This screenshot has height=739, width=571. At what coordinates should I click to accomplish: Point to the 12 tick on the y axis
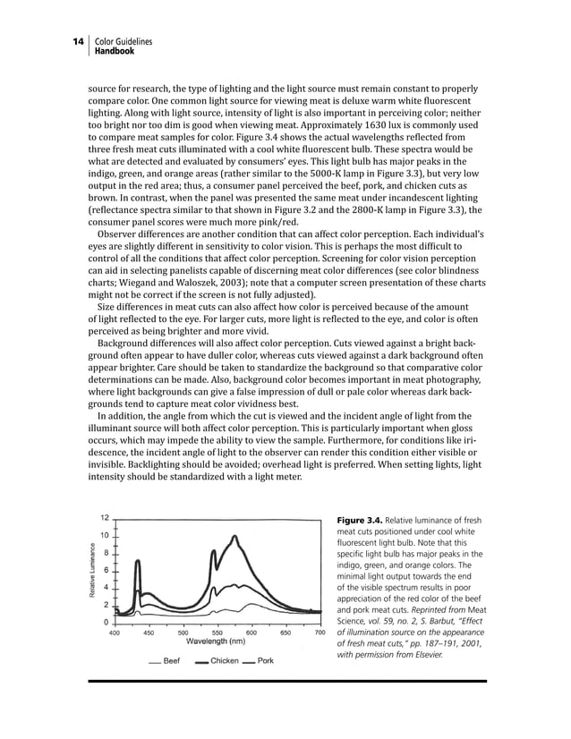105,517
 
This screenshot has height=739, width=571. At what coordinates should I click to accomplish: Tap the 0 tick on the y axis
107,621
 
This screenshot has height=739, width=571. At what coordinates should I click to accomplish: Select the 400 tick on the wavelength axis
115,633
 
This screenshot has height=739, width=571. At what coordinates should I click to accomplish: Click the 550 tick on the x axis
217,633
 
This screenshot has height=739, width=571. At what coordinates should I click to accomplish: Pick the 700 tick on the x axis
320,633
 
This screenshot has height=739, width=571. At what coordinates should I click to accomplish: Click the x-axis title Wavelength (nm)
215,641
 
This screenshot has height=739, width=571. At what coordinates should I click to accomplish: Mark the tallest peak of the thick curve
234,537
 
